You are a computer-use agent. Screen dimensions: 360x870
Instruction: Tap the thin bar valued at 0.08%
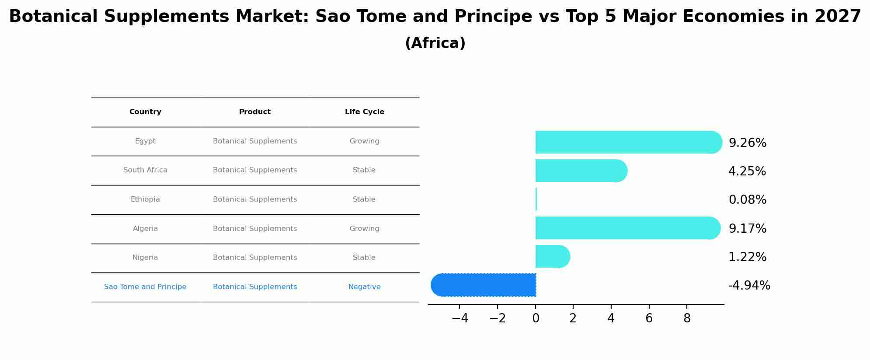pyautogui.click(x=536, y=199)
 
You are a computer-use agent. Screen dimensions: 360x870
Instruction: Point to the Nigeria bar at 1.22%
pyautogui.click(x=552, y=256)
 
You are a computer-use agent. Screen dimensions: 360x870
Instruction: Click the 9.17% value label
pyautogui.click(x=747, y=228)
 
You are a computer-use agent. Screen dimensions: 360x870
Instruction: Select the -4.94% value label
pyautogui.click(x=749, y=285)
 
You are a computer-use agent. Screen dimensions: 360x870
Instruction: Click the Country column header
pyautogui.click(x=145, y=112)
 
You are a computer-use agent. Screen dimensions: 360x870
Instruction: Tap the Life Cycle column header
pyautogui.click(x=364, y=112)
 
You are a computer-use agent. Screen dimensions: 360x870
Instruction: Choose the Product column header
pyautogui.click(x=254, y=112)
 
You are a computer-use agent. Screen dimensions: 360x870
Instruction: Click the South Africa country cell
pyautogui.click(x=145, y=170)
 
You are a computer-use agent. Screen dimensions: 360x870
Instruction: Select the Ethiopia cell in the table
pyautogui.click(x=145, y=199)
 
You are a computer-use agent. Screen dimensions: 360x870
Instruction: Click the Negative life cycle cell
pyautogui.click(x=364, y=287)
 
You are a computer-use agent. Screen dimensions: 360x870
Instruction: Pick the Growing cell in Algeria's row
pyautogui.click(x=364, y=229)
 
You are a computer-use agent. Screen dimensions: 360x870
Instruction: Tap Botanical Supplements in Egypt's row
pyautogui.click(x=254, y=141)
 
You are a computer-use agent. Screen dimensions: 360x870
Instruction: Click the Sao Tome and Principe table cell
pyautogui.click(x=145, y=287)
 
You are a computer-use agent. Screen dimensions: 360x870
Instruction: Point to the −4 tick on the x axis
pyautogui.click(x=459, y=318)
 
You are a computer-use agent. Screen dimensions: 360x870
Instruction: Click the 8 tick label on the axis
pyautogui.click(x=687, y=318)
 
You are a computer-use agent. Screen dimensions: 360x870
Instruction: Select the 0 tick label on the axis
pyautogui.click(x=536, y=318)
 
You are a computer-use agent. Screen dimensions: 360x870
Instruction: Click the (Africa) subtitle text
pyautogui.click(x=435, y=43)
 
